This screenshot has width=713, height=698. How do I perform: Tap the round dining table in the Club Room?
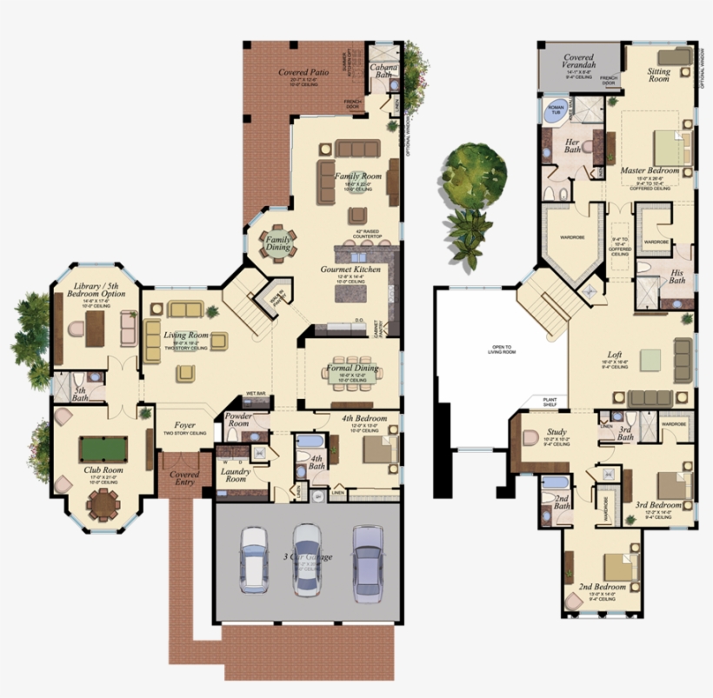[103, 502]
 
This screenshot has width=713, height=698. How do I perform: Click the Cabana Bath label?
[383, 70]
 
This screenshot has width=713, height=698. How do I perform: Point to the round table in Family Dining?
[278, 243]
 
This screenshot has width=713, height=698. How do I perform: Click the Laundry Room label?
[236, 475]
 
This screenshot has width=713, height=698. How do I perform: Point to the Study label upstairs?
[556, 432]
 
